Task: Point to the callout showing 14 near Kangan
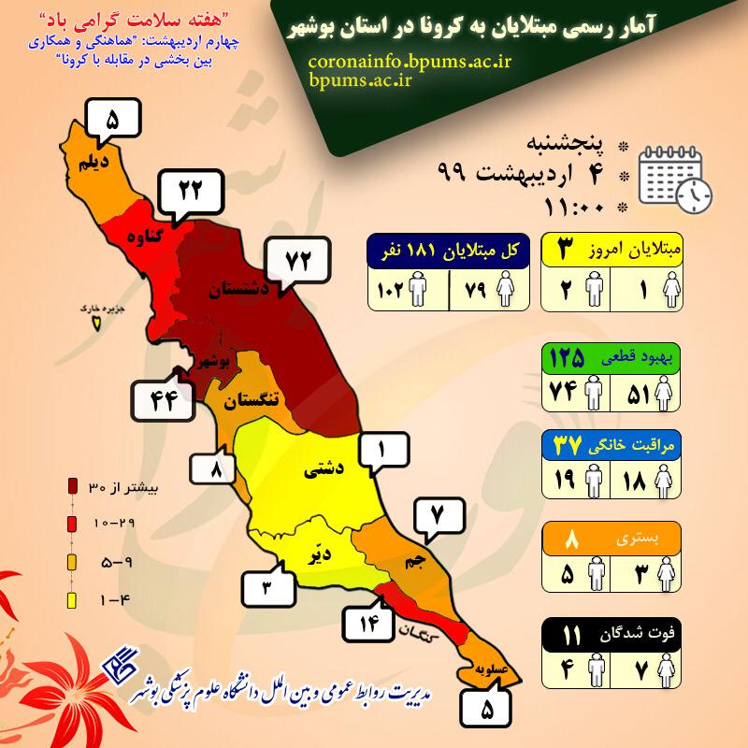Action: (366, 622)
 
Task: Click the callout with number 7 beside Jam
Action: (435, 514)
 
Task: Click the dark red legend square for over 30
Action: (72, 486)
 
